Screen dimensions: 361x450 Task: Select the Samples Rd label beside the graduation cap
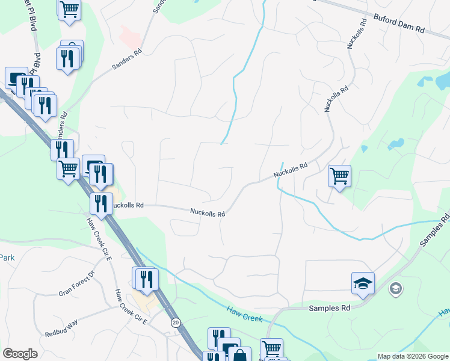click(329, 307)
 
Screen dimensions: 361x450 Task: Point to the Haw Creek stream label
click(244, 313)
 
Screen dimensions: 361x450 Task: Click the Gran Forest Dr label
click(76, 284)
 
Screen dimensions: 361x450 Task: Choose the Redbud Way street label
click(61, 328)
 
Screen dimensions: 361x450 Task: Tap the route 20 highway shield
click(174, 322)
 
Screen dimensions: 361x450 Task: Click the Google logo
click(20, 354)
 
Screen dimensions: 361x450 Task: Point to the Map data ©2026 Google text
click(413, 356)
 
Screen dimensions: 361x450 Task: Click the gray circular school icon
click(395, 289)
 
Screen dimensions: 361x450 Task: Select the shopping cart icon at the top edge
click(70, 8)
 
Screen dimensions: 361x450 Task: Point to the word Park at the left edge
click(7, 258)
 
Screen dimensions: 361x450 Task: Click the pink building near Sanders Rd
click(130, 37)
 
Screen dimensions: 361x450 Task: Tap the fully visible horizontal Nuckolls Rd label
click(208, 212)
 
